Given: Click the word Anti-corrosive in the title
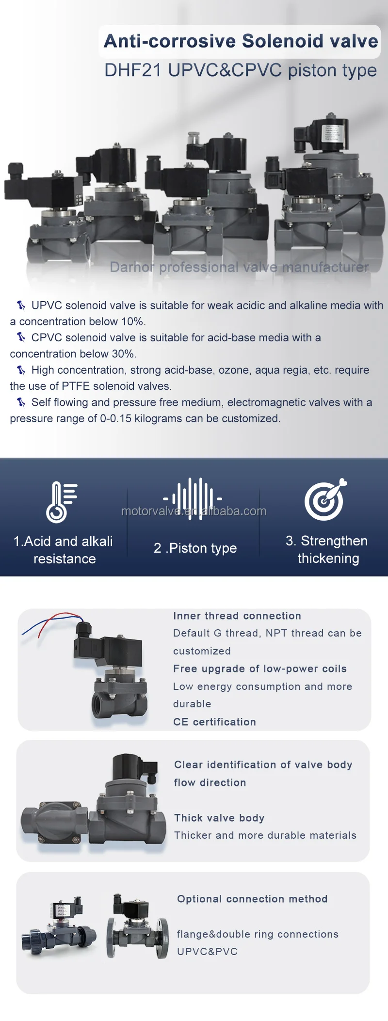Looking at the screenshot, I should point(170,41).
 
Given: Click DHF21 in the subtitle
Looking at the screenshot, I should point(132,71).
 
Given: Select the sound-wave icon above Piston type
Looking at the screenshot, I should point(193,498).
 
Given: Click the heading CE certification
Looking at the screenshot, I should point(214,722).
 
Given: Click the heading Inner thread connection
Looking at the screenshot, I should point(237,616).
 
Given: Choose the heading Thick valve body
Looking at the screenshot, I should point(219,818).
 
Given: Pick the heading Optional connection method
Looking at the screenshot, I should point(252,899).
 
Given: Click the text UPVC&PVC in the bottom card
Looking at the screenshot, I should point(207,951).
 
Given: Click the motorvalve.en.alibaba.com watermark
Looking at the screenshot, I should point(194,511).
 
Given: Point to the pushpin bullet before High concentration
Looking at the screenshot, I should point(21,370).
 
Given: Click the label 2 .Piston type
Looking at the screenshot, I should point(195,548).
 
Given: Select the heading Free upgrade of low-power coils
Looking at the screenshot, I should point(260,669).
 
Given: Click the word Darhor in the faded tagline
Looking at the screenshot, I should point(132,267).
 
